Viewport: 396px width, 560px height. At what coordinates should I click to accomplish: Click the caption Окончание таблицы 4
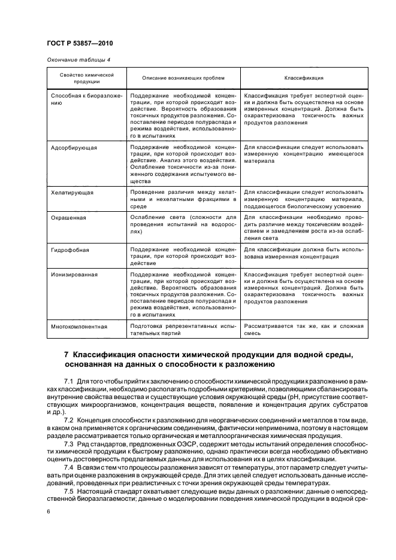click(78, 59)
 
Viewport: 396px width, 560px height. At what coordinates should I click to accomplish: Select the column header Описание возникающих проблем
click(183, 78)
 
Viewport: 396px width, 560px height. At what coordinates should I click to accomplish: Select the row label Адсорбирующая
click(74, 147)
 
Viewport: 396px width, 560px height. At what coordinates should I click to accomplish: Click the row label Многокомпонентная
click(79, 327)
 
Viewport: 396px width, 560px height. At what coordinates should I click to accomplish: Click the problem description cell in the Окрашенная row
click(183, 224)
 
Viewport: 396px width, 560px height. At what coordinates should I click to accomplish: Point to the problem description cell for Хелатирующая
click(183, 198)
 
